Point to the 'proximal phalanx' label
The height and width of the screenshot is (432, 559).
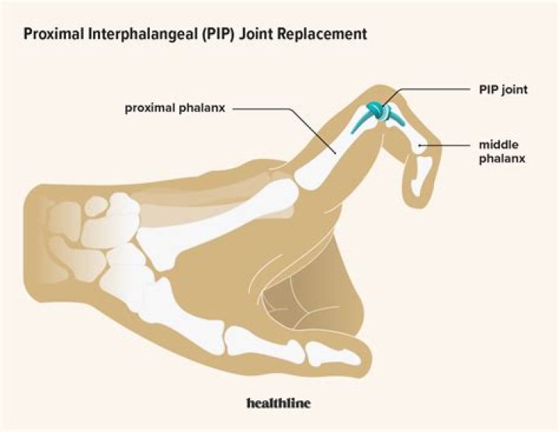175,109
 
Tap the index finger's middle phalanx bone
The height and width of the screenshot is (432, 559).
408,135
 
